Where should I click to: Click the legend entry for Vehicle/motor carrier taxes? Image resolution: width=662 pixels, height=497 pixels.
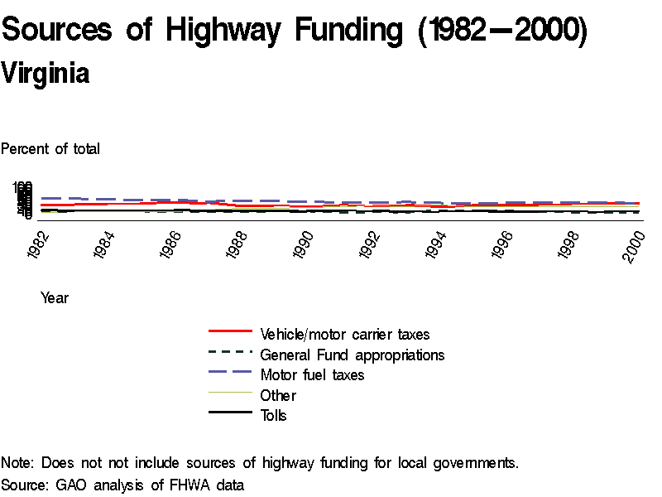344,335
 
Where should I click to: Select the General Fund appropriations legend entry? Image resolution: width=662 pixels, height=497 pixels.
352,355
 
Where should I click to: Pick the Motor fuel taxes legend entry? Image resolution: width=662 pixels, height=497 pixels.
312,375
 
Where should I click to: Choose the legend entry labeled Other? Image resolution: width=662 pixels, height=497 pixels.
278,395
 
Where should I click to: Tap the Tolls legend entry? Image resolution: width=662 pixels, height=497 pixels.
273,415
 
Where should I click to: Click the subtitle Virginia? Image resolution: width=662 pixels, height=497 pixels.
46,74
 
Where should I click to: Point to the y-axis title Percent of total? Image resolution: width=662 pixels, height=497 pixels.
50,149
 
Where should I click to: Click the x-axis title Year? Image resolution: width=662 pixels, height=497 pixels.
55,298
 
